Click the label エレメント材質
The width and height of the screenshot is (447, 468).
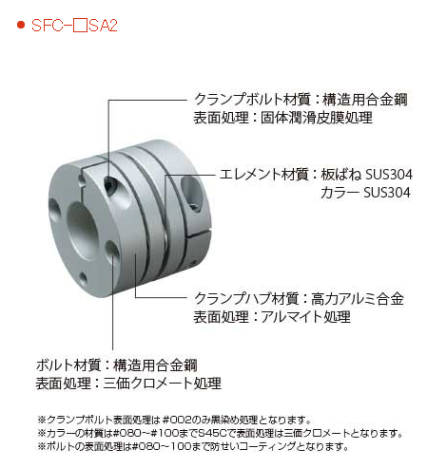point(264,175)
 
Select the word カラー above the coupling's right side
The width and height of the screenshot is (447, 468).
point(340,193)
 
